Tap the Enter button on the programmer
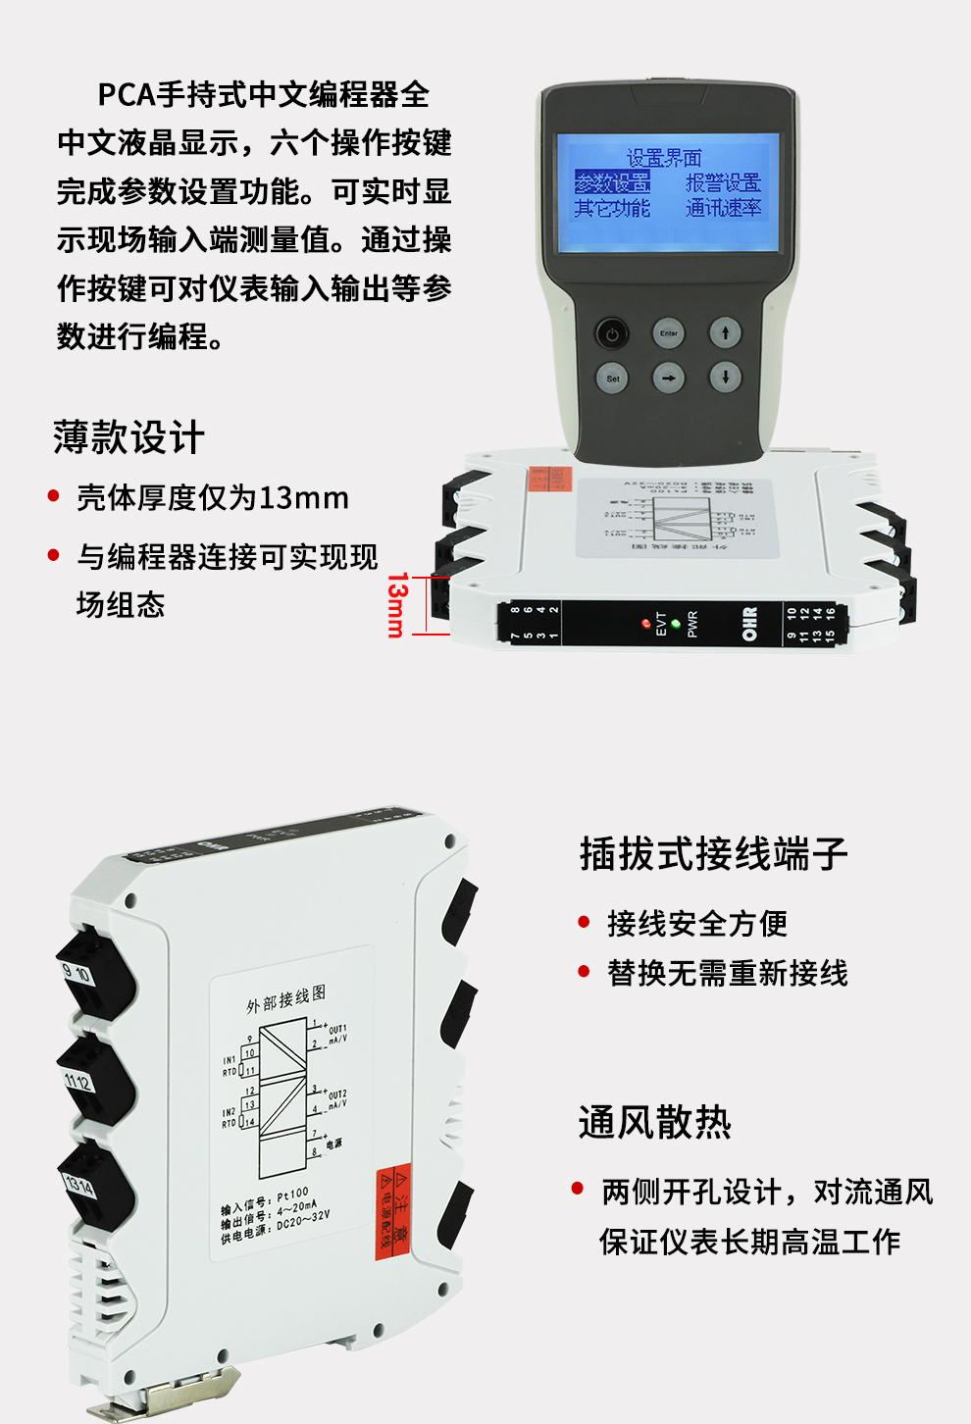[669, 333]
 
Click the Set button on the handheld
[613, 378]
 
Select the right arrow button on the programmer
[669, 378]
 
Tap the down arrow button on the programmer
[726, 378]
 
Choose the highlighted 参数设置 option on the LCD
[612, 182]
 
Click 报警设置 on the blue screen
[723, 182]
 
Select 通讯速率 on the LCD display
[723, 208]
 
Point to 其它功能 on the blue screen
[612, 208]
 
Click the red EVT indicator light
[645, 623]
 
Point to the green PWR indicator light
[676, 623]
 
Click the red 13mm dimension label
[395, 604]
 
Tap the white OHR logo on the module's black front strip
[749, 624]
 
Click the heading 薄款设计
[128, 437]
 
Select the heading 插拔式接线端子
[713, 853]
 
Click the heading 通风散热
[654, 1122]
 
